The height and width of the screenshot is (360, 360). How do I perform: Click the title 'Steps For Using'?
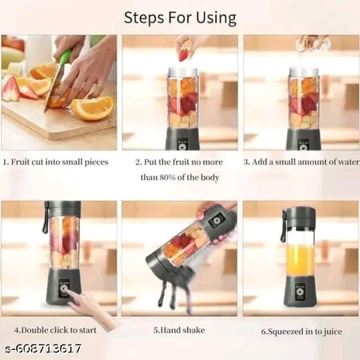[180, 18]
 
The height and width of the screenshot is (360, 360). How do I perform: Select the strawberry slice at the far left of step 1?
[11, 89]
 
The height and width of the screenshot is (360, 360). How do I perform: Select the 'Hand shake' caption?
[179, 328]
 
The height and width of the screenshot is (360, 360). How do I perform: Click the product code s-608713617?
[42, 349]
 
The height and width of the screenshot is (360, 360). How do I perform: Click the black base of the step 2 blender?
[182, 139]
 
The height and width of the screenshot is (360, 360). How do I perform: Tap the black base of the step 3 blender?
[303, 139]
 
